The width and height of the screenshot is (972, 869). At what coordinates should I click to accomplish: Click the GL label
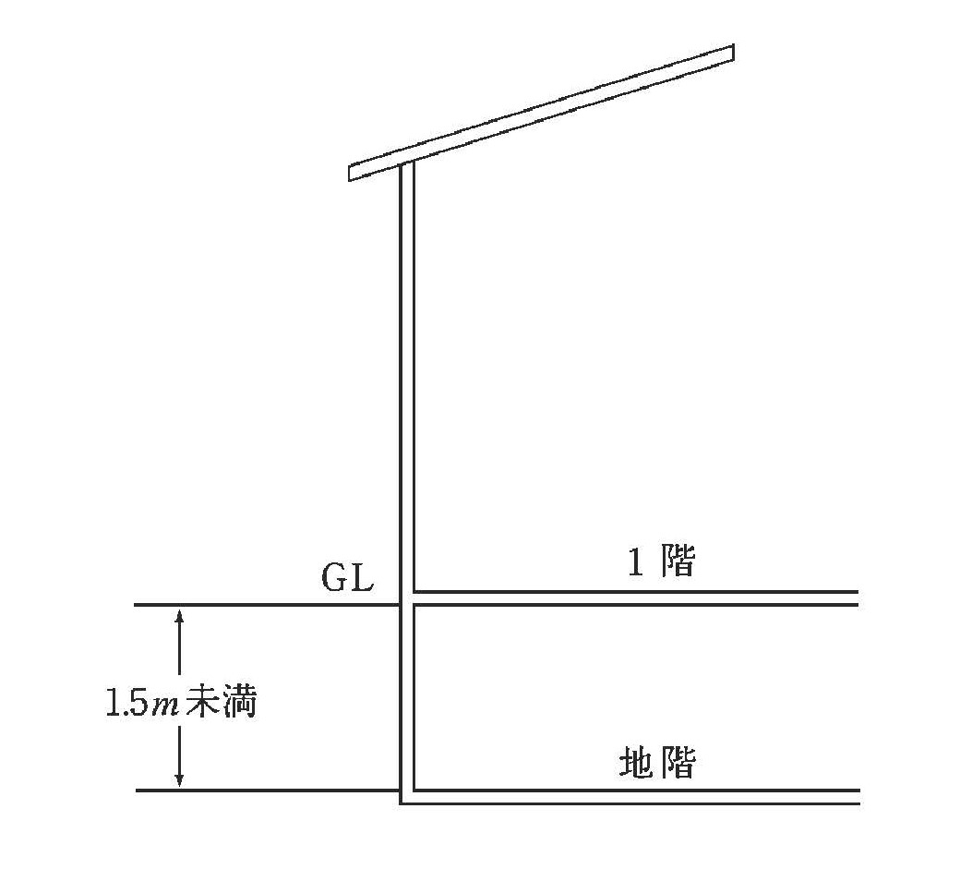[347, 578]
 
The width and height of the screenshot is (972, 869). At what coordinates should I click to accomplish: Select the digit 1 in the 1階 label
[635, 562]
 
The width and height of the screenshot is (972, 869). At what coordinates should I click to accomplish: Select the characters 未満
[221, 702]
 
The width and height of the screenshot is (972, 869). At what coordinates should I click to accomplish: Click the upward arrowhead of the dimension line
[180, 615]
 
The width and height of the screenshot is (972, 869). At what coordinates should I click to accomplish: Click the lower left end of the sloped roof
[350, 174]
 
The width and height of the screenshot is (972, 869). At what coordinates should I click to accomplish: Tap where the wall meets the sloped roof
[407, 163]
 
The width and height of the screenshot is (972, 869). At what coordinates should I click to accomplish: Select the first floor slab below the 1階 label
[636, 598]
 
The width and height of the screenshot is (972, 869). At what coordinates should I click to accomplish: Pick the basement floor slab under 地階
[636, 797]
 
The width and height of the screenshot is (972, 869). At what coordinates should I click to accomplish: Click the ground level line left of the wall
[267, 605]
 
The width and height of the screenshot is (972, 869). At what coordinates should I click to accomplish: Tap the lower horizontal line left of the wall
[268, 791]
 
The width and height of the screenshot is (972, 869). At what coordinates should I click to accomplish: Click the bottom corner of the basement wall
[401, 803]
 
